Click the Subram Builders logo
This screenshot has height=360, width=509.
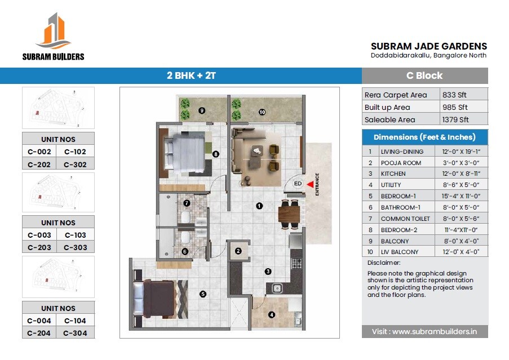(x=53, y=37)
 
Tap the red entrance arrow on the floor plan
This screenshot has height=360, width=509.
(x=309, y=184)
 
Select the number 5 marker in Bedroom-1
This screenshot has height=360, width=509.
(x=202, y=293)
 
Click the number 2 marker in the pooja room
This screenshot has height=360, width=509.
(x=238, y=251)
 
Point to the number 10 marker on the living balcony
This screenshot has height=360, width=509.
(x=262, y=112)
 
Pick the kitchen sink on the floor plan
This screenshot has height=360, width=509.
(x=277, y=288)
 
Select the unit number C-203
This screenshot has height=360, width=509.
(x=39, y=247)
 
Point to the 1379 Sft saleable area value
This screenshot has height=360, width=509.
(x=456, y=119)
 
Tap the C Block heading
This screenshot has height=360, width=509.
(x=424, y=75)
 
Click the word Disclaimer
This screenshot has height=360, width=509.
(x=383, y=263)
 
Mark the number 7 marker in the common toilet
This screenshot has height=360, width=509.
(x=187, y=203)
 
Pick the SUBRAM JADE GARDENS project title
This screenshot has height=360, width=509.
(x=428, y=46)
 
